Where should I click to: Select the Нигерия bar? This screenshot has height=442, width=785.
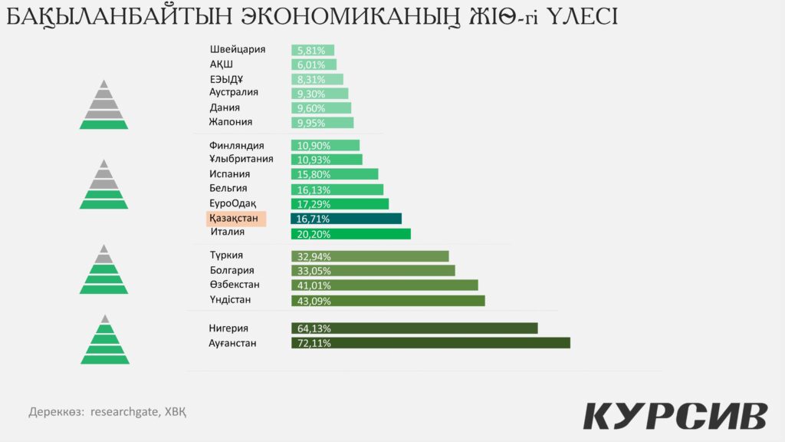[414, 328]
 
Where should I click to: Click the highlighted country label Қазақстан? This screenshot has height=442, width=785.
[236, 219]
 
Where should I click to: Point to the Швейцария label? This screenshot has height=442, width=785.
[238, 49]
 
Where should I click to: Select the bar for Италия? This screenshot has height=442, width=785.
[351, 233]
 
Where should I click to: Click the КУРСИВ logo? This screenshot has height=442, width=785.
[675, 415]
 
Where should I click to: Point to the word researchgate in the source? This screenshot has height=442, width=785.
[124, 411]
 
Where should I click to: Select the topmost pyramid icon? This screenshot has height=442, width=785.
[103, 104]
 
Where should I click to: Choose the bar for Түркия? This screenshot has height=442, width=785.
[370, 256]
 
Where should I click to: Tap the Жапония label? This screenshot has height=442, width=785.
[231, 122]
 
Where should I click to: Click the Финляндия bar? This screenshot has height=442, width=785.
[325, 145]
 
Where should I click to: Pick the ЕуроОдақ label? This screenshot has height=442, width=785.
[238, 203]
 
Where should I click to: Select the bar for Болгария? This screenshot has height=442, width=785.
[373, 271]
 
